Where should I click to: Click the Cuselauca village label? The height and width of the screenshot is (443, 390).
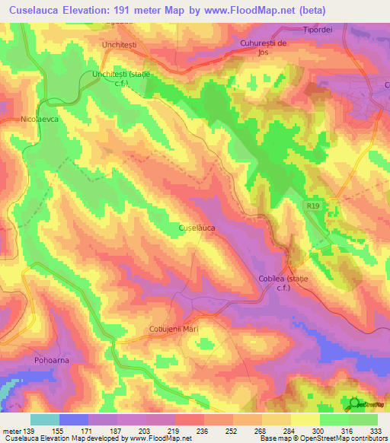(x=197, y=227)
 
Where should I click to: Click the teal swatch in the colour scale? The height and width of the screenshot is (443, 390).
(x=44, y=419)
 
